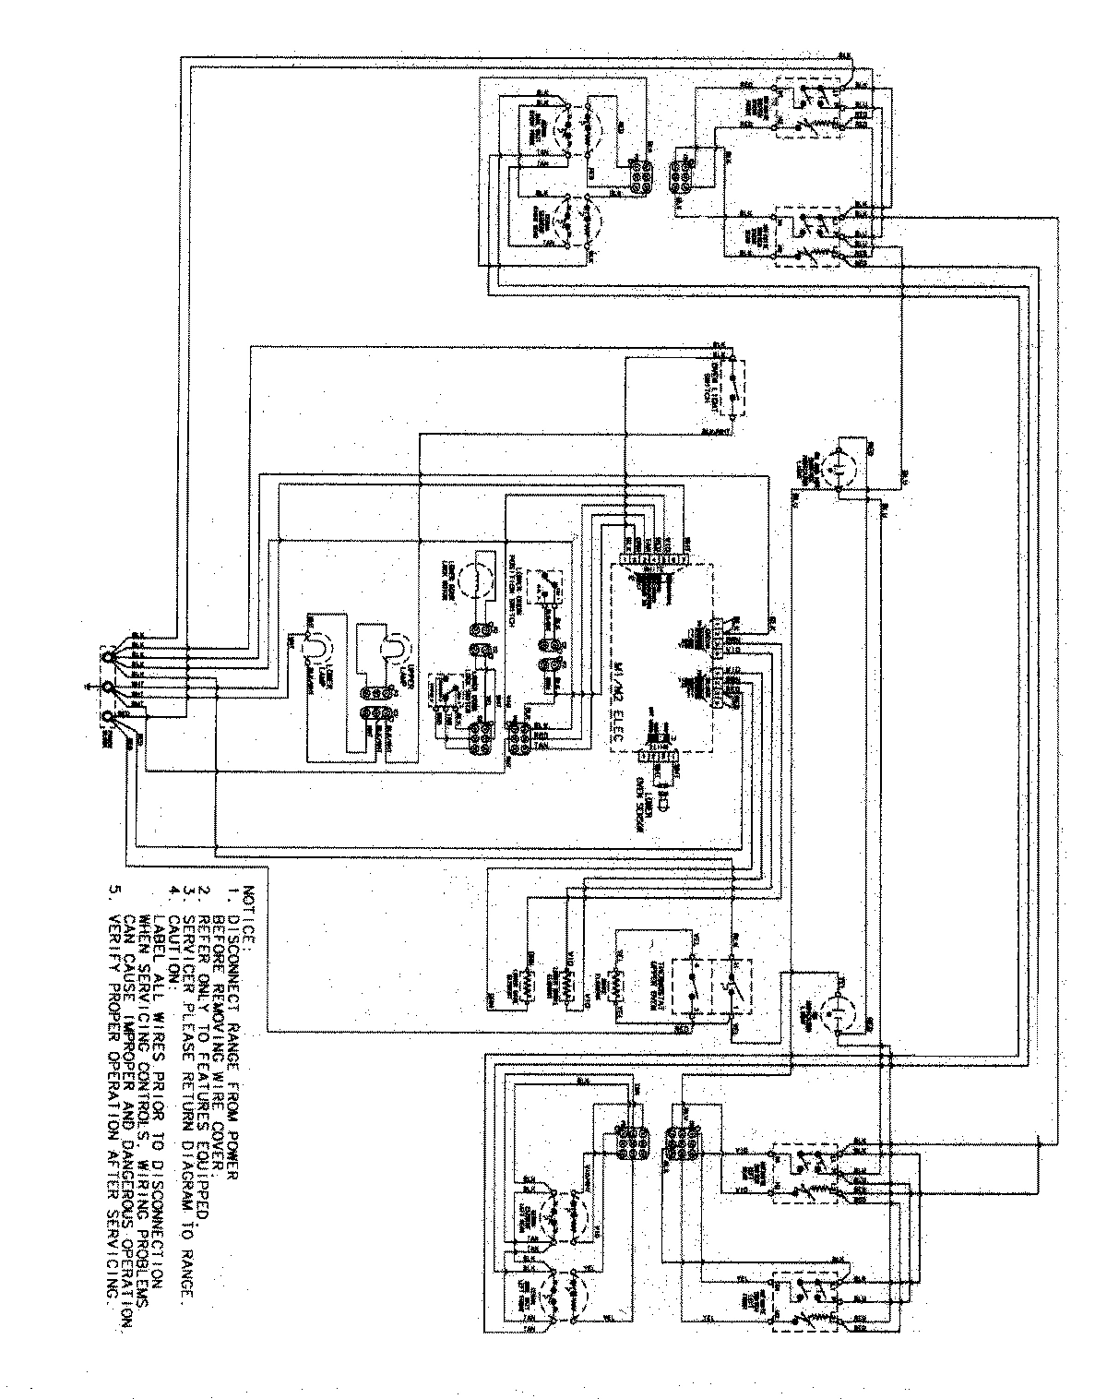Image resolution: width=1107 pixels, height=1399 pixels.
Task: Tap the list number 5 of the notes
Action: pyautogui.click(x=114, y=891)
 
